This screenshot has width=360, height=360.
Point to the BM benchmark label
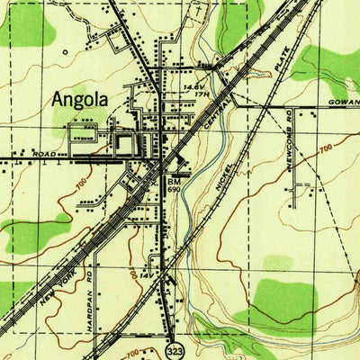click(173, 181)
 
